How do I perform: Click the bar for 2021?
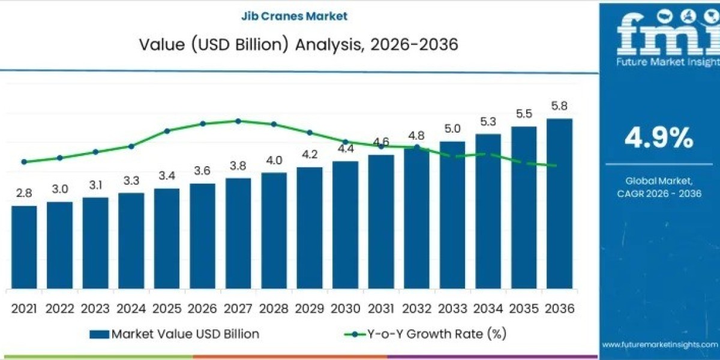[24, 247]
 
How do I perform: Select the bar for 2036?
[559, 204]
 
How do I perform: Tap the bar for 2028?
[274, 231]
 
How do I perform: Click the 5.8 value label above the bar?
[559, 106]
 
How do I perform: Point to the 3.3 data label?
[131, 181]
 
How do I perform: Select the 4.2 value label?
[310, 154]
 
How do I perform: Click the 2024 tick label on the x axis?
[131, 308]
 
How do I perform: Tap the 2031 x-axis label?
[381, 308]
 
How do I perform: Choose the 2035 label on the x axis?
[524, 308]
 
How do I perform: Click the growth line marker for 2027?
[238, 121]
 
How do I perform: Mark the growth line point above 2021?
[24, 162]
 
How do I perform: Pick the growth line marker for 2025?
[167, 131]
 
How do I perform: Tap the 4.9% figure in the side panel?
[659, 139]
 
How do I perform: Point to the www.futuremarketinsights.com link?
[659, 344]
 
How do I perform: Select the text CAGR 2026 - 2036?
[659, 193]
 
